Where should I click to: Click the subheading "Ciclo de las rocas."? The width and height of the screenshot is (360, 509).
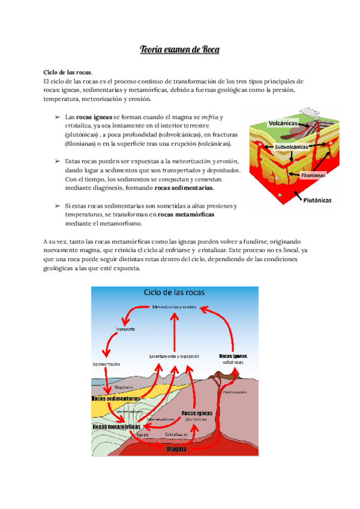(68, 72)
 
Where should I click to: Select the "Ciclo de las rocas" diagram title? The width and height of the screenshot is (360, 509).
(173, 292)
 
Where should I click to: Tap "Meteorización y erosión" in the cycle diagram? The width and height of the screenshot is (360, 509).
(175, 307)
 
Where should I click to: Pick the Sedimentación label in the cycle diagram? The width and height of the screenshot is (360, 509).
(106, 364)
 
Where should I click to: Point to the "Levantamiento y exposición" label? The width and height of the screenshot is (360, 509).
(174, 357)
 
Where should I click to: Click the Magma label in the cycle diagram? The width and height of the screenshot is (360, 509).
(176, 448)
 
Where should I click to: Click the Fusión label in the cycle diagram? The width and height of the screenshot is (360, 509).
(142, 434)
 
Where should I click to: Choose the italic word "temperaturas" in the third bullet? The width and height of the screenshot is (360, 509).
(82, 214)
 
